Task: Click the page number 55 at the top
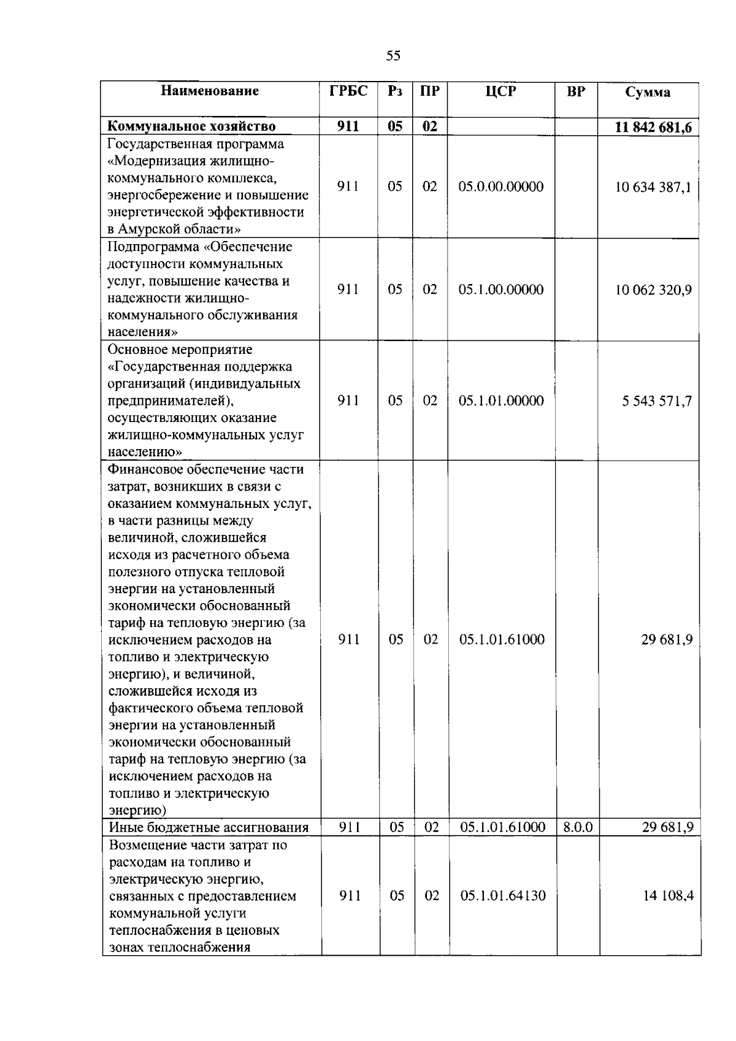[393, 56]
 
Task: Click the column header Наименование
[210, 91]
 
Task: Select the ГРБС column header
[348, 91]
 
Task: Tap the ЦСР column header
[500, 91]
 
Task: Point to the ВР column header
[576, 91]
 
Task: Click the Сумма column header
[648, 93]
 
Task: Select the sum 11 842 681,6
[653, 127]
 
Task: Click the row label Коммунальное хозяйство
[192, 126]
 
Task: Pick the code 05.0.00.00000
[500, 187]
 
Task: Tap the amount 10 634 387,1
[653, 187]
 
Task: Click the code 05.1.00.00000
[500, 290]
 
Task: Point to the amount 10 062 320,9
[653, 290]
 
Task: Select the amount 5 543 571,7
[657, 401]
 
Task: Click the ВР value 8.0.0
[578, 827]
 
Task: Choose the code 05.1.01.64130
[503, 896]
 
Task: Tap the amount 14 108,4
[668, 896]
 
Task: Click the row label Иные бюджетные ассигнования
[209, 828]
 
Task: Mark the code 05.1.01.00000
[500, 401]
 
